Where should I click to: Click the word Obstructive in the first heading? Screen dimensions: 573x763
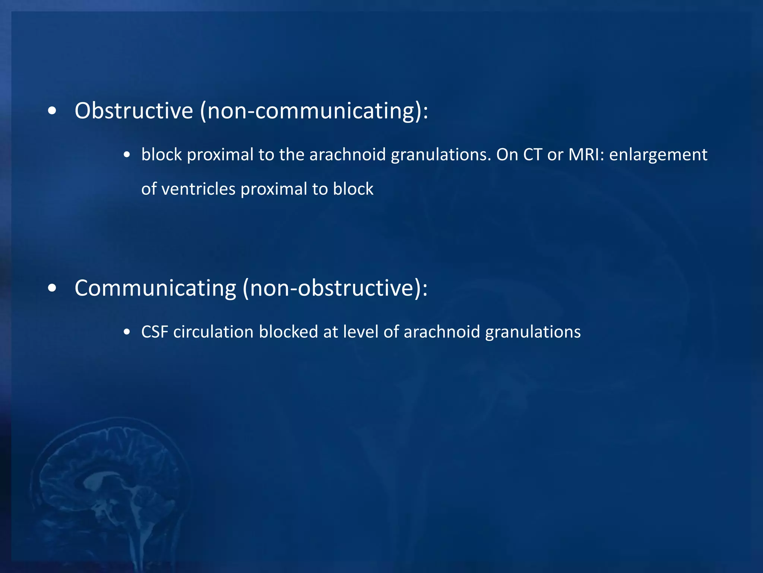134,111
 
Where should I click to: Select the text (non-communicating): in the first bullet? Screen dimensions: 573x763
314,111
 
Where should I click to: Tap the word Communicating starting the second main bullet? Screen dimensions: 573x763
155,288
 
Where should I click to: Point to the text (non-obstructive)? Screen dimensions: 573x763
335,288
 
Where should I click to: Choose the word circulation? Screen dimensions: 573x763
213,332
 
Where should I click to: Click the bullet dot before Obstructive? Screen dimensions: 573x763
52,111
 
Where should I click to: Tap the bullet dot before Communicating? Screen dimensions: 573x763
52,288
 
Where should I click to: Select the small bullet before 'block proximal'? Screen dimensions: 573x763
127,155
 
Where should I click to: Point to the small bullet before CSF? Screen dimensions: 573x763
127,332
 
